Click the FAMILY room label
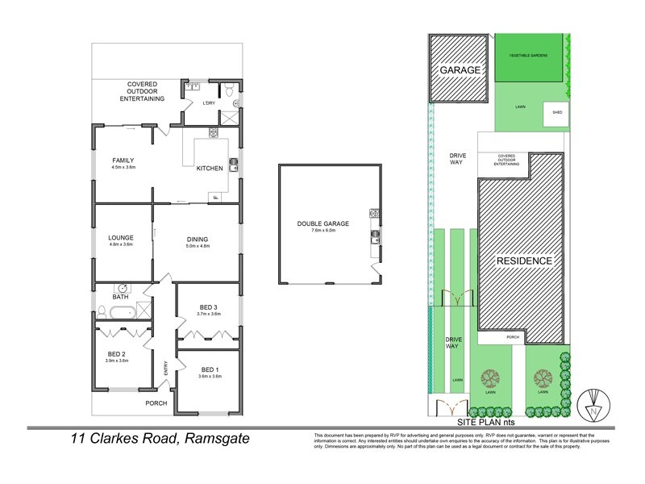(123, 161)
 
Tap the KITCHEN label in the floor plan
(209, 168)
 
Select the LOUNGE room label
(120, 237)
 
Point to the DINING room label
(197, 239)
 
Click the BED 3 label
(208, 307)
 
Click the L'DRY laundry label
(196, 104)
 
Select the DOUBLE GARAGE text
(320, 223)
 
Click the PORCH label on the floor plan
(156, 403)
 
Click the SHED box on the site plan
(557, 113)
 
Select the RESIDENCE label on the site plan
(523, 261)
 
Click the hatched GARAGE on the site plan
(460, 70)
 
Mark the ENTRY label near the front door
(165, 368)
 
